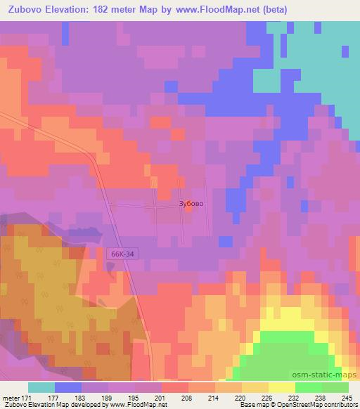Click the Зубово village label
point(191,204)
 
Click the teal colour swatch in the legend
point(41,387)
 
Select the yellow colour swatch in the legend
point(282,387)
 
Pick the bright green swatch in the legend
point(309,387)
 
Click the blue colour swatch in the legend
point(68,387)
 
